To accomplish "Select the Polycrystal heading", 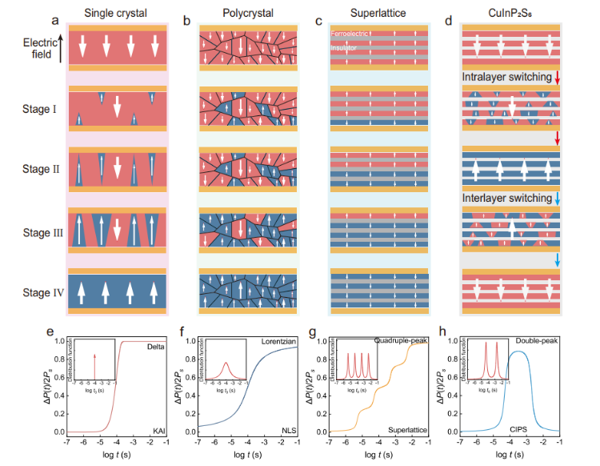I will click(246, 14).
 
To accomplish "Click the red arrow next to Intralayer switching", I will click(558, 77).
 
